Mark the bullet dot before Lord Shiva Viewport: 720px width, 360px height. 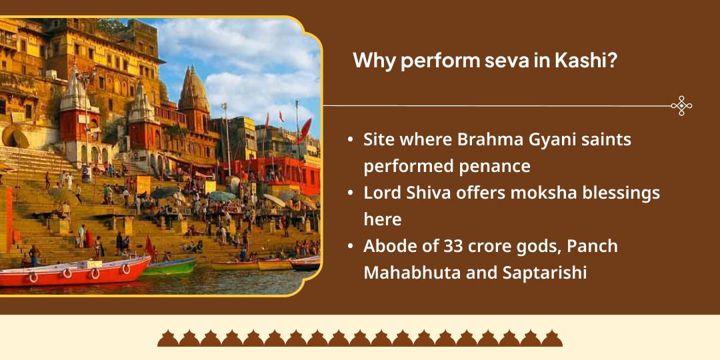[x=351, y=193]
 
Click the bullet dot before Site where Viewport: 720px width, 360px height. [x=351, y=140]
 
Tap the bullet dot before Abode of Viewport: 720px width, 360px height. [x=351, y=247]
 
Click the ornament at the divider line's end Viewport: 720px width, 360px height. [x=681, y=105]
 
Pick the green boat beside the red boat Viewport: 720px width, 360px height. [x=170, y=267]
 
